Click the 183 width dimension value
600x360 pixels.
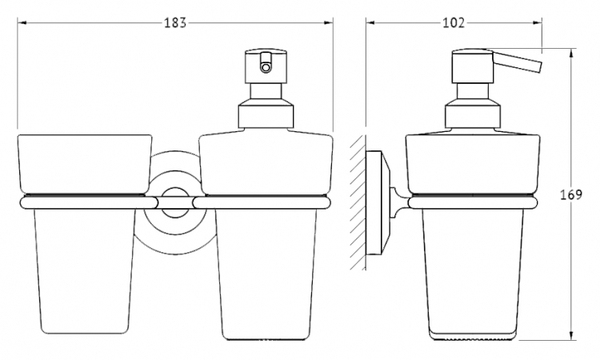click(x=175, y=23)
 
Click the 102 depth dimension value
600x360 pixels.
click(x=454, y=23)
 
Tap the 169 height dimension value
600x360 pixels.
click(x=571, y=194)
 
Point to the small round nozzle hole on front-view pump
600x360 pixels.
click(x=265, y=68)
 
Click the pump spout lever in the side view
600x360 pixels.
click(x=517, y=62)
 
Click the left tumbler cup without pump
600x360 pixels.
click(x=85, y=234)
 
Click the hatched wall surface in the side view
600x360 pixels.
click(x=358, y=202)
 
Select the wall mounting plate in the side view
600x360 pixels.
click(x=378, y=202)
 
